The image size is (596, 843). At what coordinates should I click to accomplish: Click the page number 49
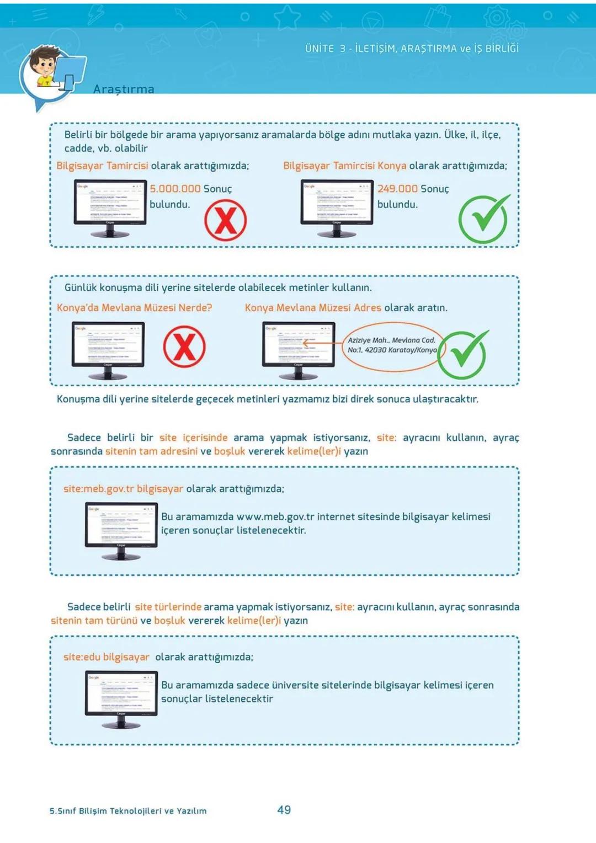click(284, 810)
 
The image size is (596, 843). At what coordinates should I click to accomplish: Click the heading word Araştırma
click(124, 89)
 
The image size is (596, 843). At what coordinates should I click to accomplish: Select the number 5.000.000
click(175, 189)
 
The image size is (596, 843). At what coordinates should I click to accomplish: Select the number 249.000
click(397, 189)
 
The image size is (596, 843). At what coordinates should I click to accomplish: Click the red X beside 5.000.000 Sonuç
click(225, 220)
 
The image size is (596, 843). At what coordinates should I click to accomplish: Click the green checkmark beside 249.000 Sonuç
click(483, 219)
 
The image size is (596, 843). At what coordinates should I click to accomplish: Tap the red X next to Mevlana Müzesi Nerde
click(184, 346)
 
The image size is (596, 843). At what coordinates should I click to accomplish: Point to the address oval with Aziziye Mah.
click(391, 345)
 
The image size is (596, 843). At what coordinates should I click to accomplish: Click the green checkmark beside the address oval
click(463, 354)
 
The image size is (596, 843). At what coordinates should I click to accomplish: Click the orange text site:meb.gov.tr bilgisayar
click(123, 489)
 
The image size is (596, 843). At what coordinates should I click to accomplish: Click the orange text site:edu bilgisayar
click(107, 657)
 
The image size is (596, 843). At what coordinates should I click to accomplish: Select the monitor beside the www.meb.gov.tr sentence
click(121, 531)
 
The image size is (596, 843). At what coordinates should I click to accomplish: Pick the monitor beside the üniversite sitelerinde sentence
click(121, 699)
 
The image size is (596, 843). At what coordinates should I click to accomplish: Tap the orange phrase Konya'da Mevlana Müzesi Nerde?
click(134, 308)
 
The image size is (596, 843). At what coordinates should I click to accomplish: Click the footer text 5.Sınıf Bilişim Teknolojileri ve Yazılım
click(128, 811)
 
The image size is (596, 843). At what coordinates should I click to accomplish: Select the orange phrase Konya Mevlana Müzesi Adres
click(313, 308)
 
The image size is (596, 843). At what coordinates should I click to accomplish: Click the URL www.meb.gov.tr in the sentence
click(275, 517)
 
